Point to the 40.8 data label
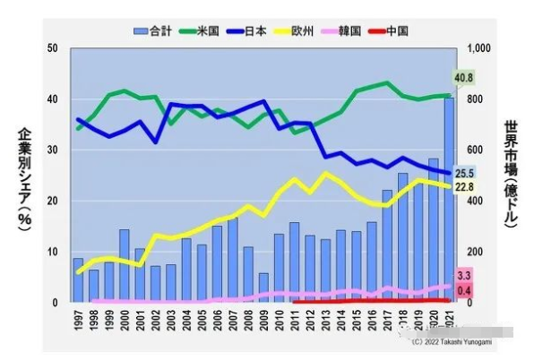463,78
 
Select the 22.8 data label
464,187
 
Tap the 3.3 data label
464,275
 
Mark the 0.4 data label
464,290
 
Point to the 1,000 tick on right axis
483,47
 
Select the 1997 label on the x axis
79,320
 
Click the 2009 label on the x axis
263,320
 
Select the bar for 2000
125,266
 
